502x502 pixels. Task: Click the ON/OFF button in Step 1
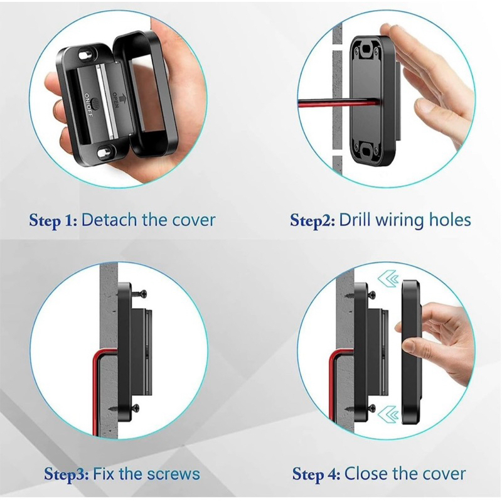coord(95,103)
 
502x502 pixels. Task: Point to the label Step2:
coord(312,221)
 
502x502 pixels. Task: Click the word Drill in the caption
coord(355,220)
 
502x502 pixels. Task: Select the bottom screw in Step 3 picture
coord(135,408)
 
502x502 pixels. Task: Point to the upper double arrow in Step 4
coord(388,279)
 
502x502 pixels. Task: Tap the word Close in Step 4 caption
coord(366,474)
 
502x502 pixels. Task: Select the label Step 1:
coord(53,221)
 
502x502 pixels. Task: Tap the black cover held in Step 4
coord(412,352)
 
